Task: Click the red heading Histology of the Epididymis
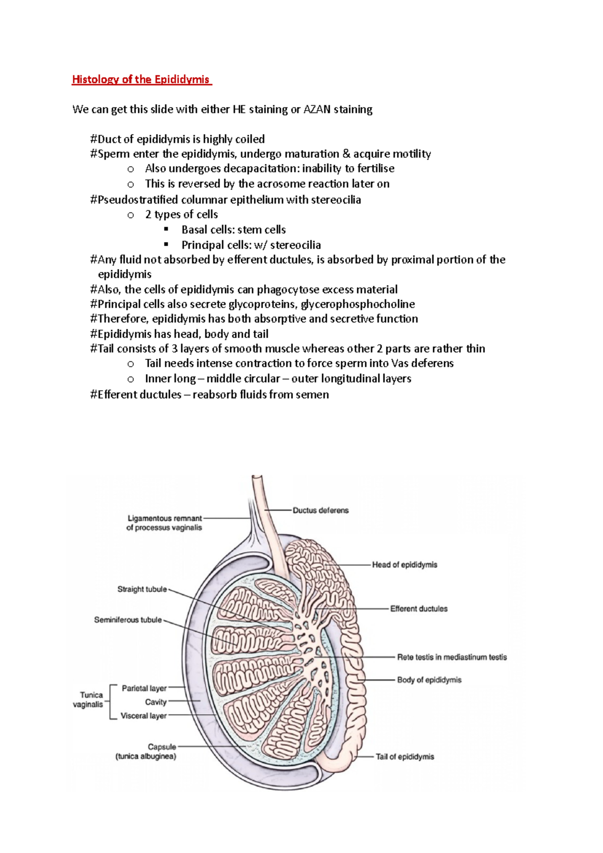(141, 79)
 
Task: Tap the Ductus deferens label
(321, 510)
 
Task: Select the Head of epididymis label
(405, 565)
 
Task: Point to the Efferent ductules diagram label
(419, 609)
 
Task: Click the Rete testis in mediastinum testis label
(452, 657)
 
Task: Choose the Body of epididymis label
(429, 680)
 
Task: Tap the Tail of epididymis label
(405, 757)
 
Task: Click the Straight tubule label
(142, 589)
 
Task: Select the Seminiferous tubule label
(128, 620)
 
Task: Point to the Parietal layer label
(144, 688)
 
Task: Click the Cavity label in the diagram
(156, 702)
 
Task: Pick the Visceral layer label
(144, 716)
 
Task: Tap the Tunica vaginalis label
(88, 700)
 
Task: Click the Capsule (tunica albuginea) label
(146, 752)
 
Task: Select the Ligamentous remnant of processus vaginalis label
(164, 523)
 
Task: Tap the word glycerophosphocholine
(358, 304)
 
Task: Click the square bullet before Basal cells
(166, 230)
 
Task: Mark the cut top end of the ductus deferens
(257, 477)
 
